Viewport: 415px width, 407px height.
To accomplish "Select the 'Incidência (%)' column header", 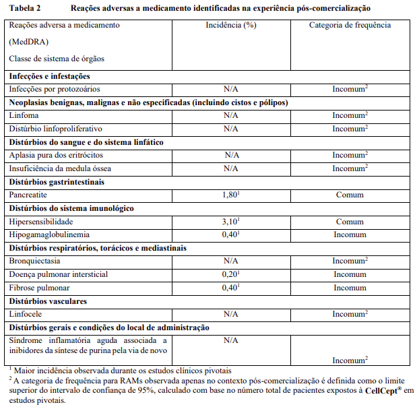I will point(231,25).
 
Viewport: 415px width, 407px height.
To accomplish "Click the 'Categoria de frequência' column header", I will point(350,25).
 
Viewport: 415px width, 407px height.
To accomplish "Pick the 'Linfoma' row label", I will point(24,115).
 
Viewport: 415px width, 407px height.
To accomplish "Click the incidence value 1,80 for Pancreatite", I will point(230,195).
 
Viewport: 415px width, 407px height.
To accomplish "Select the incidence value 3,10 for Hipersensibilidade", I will point(230,221).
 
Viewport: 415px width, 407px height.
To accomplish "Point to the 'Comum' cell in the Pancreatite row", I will point(350,195).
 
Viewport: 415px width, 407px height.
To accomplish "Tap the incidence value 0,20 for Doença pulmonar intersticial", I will point(230,274).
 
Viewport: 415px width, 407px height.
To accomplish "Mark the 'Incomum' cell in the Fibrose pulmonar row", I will point(350,288).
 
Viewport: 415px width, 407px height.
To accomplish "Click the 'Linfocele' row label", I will point(26,314).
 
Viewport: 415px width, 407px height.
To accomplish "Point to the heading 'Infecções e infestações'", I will point(49,75).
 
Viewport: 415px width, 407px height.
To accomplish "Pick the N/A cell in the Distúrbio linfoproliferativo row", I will point(231,129).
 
